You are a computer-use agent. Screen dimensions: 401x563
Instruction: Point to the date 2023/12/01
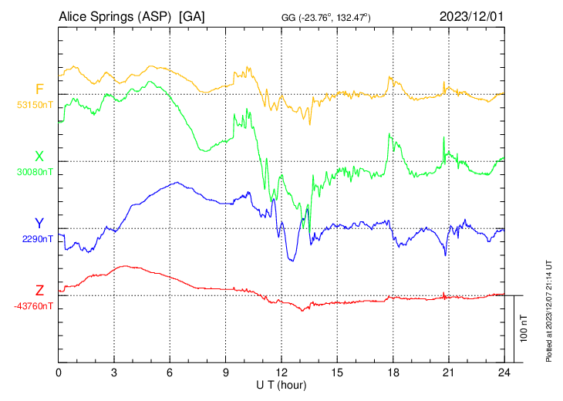(x=471, y=16)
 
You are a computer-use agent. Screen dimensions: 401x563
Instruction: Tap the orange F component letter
(x=39, y=89)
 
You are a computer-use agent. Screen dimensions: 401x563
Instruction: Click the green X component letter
(x=39, y=157)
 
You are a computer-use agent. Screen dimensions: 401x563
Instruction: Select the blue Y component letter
(x=39, y=224)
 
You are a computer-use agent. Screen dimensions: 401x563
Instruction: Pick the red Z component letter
(x=39, y=290)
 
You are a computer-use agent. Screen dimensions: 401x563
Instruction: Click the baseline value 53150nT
(x=35, y=105)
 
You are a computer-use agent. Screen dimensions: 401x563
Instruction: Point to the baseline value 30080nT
(x=35, y=172)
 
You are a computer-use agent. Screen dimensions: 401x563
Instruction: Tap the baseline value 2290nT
(x=38, y=239)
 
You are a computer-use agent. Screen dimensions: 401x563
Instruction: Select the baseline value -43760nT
(x=34, y=306)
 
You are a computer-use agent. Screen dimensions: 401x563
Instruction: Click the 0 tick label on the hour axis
(x=59, y=372)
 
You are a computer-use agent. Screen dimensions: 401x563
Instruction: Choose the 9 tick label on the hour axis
(x=226, y=372)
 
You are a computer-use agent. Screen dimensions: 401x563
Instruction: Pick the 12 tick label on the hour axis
(x=281, y=372)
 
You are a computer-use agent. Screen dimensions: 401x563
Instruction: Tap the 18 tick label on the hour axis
(x=393, y=372)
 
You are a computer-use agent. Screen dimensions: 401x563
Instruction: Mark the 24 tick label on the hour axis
(x=504, y=372)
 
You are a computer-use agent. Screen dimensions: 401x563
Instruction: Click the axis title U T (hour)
(x=281, y=384)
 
